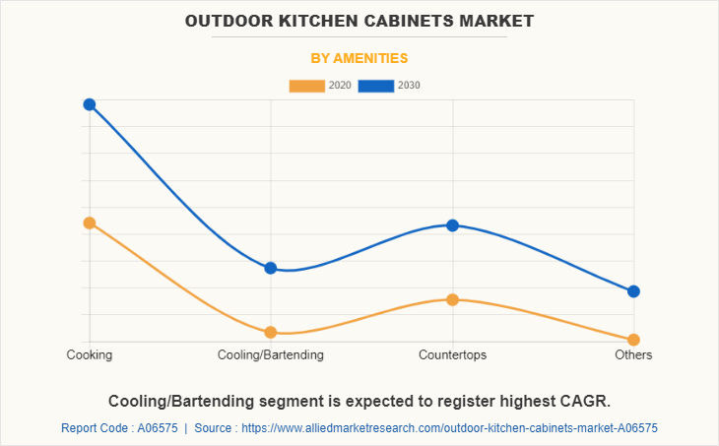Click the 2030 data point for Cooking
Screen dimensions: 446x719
tap(89, 104)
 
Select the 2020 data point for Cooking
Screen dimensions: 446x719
tap(89, 223)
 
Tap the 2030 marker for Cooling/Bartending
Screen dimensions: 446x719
tap(271, 268)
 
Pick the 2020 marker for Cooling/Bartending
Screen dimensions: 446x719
tap(271, 332)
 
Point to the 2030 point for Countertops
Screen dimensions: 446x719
tap(452, 225)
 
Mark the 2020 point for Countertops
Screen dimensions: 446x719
tap(452, 299)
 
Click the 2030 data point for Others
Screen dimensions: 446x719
tap(633, 291)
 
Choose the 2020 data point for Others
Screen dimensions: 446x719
tap(633, 340)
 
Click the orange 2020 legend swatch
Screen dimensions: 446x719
tap(306, 86)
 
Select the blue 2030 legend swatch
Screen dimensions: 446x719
tap(376, 86)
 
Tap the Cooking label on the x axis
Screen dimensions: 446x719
tap(89, 354)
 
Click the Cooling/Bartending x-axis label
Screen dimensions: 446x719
tap(271, 354)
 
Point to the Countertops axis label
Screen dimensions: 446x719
tap(452, 354)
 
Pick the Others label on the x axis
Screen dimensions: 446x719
tap(633, 354)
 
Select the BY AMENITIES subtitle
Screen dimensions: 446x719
tap(359, 58)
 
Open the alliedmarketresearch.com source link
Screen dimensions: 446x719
tap(449, 428)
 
